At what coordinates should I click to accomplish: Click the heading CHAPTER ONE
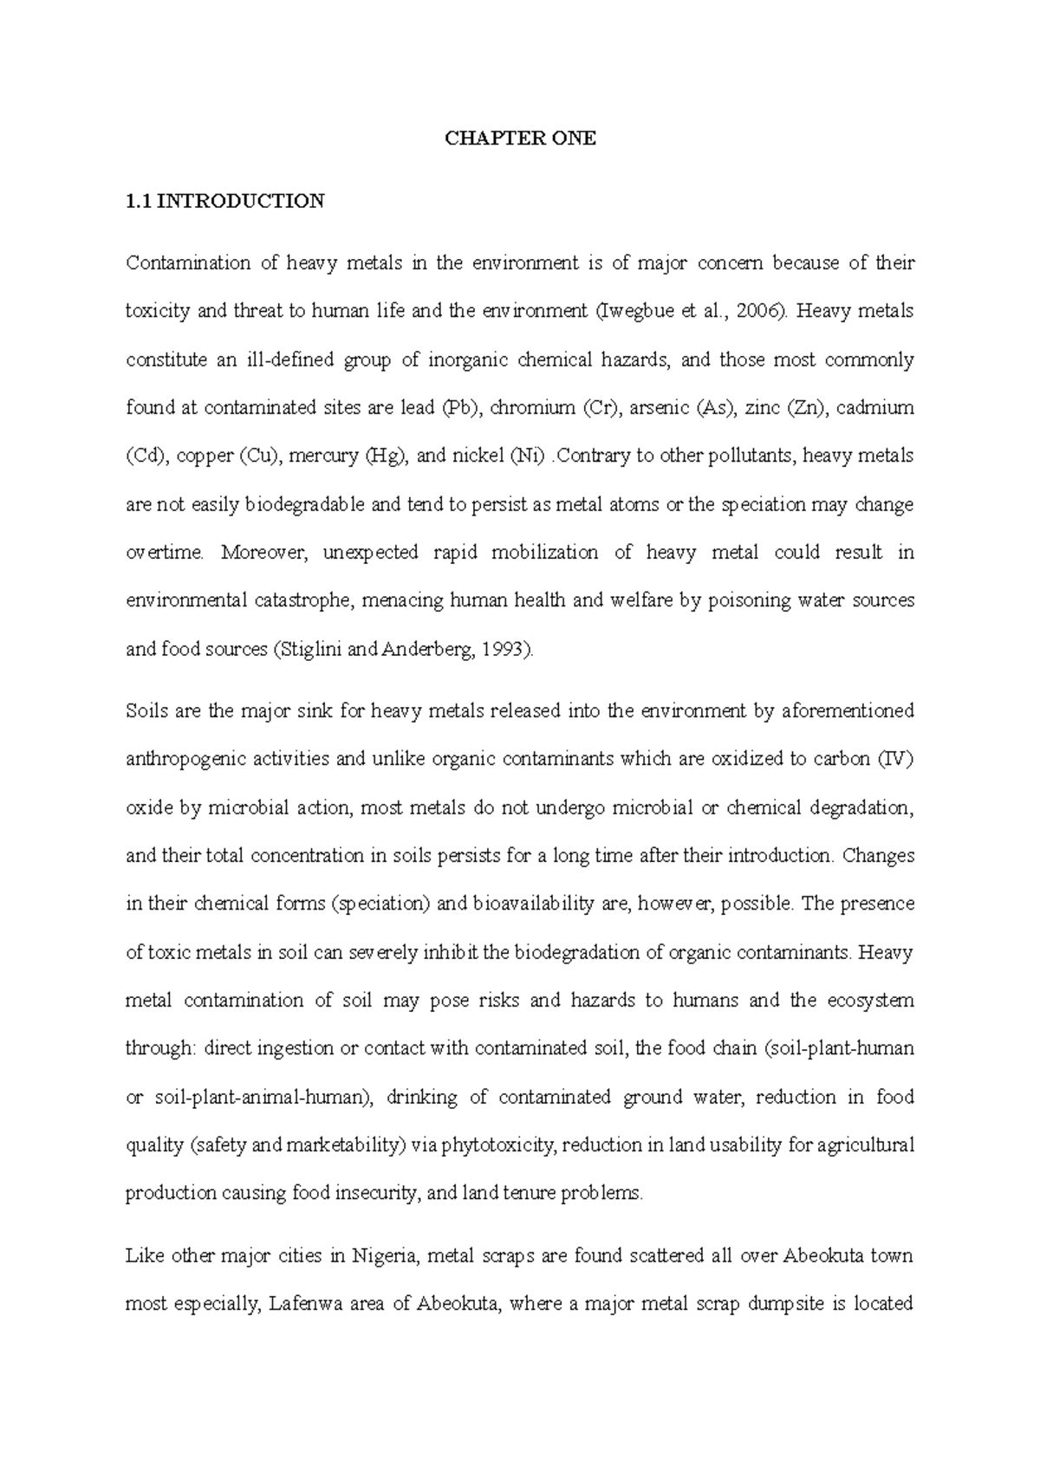(520, 139)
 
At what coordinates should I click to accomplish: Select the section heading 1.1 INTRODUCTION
(225, 202)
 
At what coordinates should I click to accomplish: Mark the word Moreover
(265, 553)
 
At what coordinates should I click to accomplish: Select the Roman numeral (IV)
(896, 760)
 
